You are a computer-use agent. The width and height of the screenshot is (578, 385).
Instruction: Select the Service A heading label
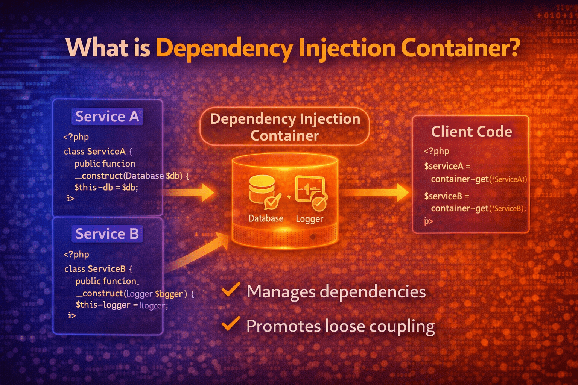pyautogui.click(x=107, y=117)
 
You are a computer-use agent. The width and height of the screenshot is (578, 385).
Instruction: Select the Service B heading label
pyautogui.click(x=107, y=234)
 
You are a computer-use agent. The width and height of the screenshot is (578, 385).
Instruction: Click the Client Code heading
pyautogui.click(x=472, y=132)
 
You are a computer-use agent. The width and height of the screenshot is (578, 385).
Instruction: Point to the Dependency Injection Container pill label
pyautogui.click(x=285, y=127)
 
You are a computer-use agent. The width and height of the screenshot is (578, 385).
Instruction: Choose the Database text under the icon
pyautogui.click(x=266, y=218)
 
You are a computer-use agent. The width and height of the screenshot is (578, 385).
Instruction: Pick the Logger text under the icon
pyautogui.click(x=309, y=219)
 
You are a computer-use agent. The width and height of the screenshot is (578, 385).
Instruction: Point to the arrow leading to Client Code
pyautogui.click(x=376, y=193)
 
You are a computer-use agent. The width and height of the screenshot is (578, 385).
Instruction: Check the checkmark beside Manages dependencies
pyautogui.click(x=231, y=290)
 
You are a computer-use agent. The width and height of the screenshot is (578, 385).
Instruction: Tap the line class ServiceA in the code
pyautogui.click(x=98, y=152)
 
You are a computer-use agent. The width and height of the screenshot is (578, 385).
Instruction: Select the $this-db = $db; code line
pyautogui.click(x=106, y=187)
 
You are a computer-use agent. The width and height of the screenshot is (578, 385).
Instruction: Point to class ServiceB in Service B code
pyautogui.click(x=98, y=269)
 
